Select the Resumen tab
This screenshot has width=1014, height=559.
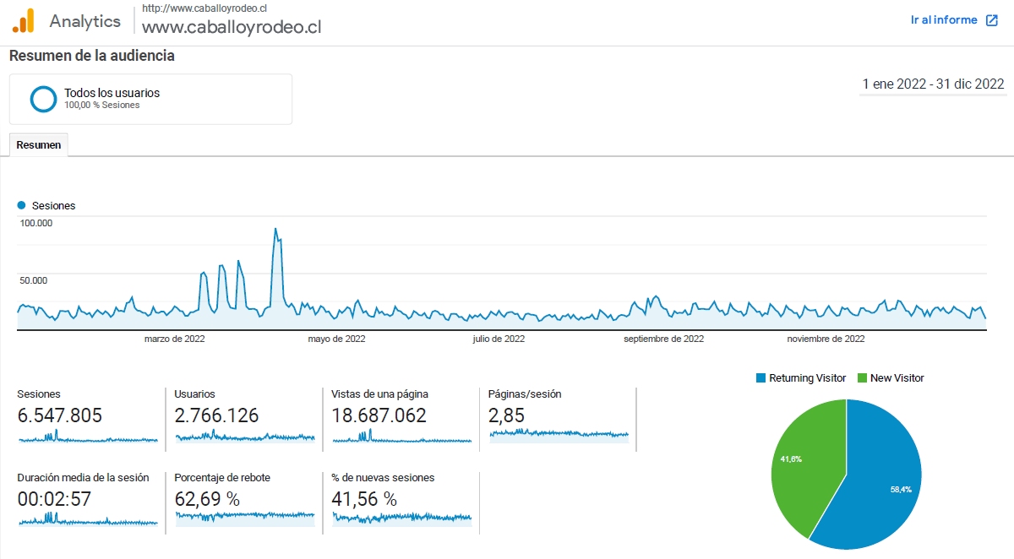coord(39,145)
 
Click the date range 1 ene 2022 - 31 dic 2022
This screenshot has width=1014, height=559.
coord(933,84)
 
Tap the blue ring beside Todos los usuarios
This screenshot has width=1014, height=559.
coord(43,99)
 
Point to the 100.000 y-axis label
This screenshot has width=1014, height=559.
coord(36,224)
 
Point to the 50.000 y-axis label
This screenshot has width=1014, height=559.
coord(34,280)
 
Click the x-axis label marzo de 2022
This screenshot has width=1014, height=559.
coord(175,339)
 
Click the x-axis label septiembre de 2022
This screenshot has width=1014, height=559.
coord(663,339)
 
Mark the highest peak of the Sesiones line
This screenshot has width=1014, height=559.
coord(275,230)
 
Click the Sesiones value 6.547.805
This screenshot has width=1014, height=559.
coord(60,415)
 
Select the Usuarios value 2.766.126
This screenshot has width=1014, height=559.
coord(216,415)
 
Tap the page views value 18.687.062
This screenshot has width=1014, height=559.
coord(379,415)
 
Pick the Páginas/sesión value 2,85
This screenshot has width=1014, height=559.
coord(506,415)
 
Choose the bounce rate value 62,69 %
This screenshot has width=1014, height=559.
coord(207,499)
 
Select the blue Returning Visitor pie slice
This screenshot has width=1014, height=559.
coord(879,481)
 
